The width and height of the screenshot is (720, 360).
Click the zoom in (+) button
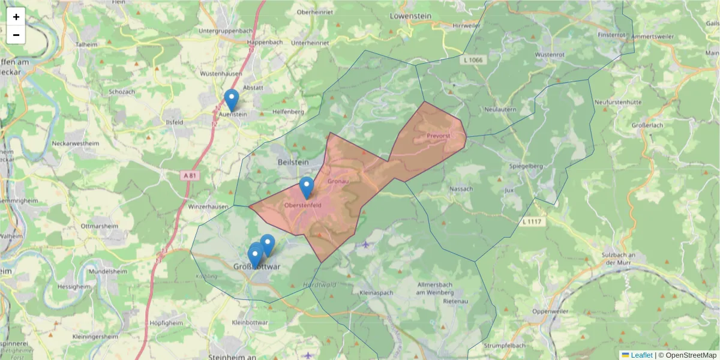click(x=16, y=17)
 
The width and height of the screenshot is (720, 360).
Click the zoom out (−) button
click(x=16, y=35)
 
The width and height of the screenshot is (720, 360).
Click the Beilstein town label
click(x=293, y=163)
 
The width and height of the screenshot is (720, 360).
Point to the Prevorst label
click(x=438, y=136)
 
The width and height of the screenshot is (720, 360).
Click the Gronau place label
click(x=338, y=181)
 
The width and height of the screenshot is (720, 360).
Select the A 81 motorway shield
click(x=189, y=175)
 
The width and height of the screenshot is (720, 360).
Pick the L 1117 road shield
click(x=532, y=222)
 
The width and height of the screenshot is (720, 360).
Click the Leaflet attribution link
click(x=641, y=355)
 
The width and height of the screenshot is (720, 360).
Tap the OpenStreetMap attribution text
click(x=691, y=355)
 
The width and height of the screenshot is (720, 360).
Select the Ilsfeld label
click(x=173, y=121)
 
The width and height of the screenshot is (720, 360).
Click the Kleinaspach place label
click(x=376, y=293)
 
